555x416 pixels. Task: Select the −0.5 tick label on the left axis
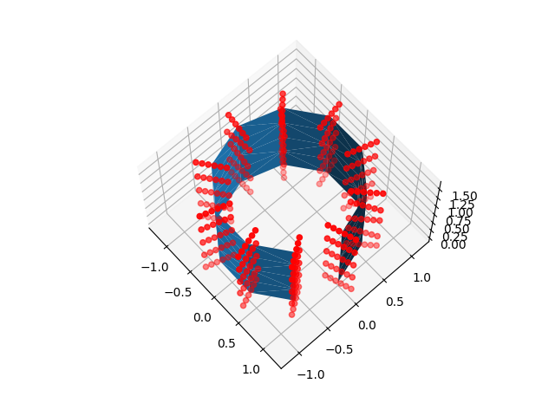180,292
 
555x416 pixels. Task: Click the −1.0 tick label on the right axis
310,374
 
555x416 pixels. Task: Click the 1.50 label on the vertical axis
465,197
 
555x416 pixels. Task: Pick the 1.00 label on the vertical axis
459,212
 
